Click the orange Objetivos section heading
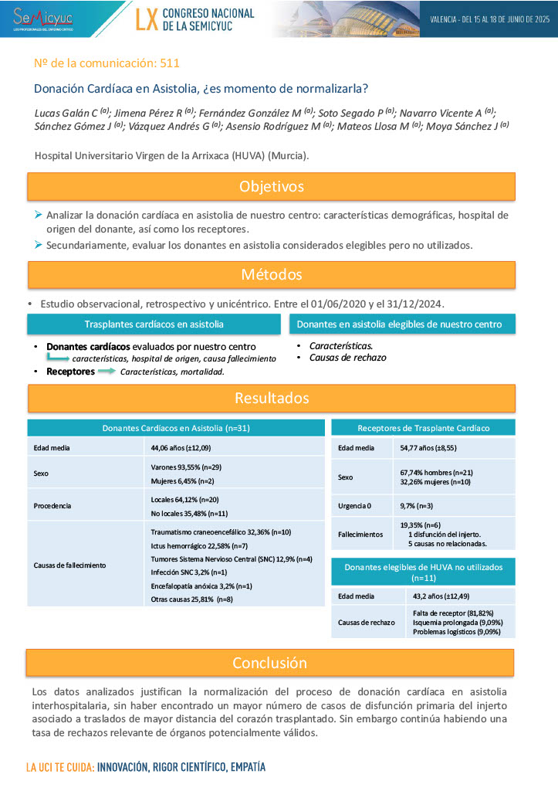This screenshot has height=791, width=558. click(x=271, y=187)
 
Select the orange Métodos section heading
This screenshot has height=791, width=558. click(x=271, y=274)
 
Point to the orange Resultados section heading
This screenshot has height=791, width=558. click(x=271, y=398)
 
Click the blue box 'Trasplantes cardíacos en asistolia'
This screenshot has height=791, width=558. click(x=154, y=324)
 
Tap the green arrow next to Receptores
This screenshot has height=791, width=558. click(x=107, y=372)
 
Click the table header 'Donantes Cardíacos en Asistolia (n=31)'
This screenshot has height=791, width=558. click(x=176, y=427)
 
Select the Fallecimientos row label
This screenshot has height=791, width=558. click(x=360, y=534)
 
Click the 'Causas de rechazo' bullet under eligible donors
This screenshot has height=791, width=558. click(x=347, y=358)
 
